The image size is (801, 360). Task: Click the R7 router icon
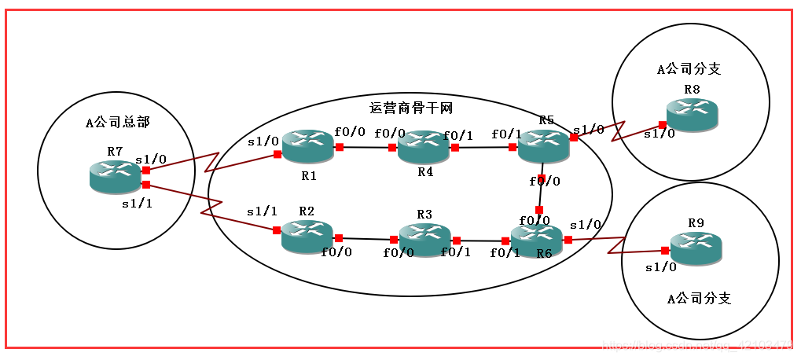[115, 176]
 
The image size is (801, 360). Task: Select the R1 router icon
[308, 146]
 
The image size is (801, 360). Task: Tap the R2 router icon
[307, 236]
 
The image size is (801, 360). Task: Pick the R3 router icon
[424, 240]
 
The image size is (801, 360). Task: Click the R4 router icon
[423, 147]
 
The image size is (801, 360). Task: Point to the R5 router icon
[544, 145]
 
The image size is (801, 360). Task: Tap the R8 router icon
[692, 115]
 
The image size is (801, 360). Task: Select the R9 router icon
[696, 248]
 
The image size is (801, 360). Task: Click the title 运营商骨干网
[411, 108]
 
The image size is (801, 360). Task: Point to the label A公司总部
[118, 122]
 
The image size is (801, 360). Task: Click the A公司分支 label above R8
[689, 68]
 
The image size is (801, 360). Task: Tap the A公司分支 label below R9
[699, 299]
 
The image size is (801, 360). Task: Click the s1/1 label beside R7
[138, 204]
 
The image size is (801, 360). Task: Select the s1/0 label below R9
[660, 266]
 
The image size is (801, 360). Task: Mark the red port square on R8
[663, 124]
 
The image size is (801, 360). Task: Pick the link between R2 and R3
[366, 238]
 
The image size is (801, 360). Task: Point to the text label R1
[309, 175]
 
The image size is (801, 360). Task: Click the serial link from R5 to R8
[617, 129]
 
